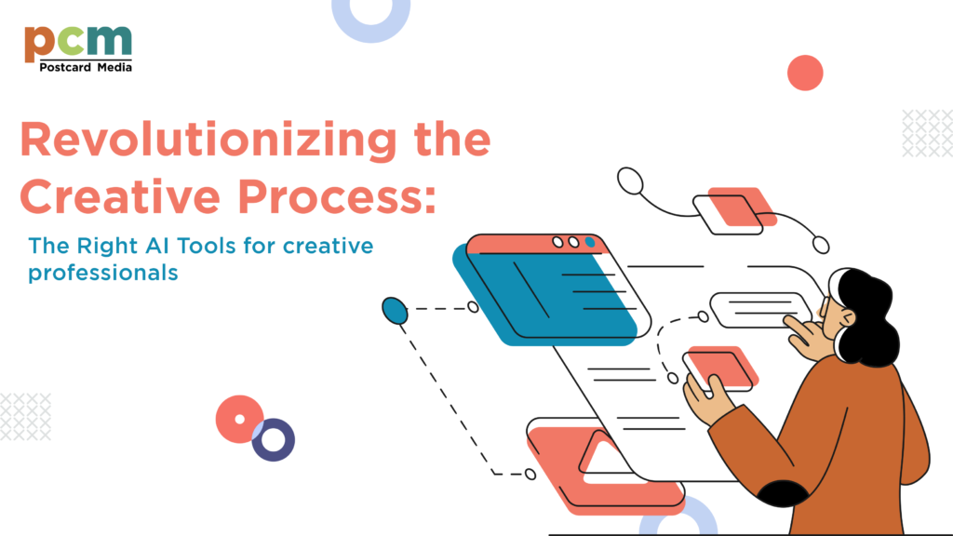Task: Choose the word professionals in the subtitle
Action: click(102, 274)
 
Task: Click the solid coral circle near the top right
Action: click(805, 73)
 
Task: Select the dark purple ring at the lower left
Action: click(273, 439)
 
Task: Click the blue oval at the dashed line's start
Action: click(396, 311)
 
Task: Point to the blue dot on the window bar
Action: click(590, 242)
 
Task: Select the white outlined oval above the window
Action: click(631, 181)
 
